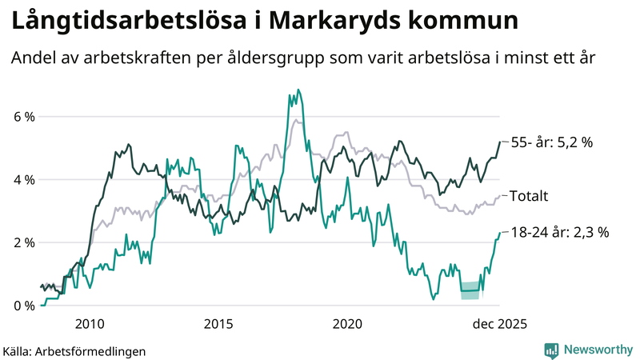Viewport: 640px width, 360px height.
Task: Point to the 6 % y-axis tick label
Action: [23, 117]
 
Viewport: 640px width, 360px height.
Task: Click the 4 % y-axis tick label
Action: [23, 180]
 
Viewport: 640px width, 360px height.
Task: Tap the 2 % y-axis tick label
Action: [23, 242]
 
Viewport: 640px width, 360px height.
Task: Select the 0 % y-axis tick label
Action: [23, 306]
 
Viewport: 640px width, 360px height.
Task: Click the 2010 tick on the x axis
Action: [89, 324]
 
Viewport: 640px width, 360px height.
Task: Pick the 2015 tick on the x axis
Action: [218, 324]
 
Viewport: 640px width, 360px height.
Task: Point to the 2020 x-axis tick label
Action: [347, 324]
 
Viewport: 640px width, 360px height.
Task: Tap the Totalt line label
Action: [529, 195]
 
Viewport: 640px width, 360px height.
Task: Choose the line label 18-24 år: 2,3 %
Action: [560, 233]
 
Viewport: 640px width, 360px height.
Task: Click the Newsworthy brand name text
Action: [596, 350]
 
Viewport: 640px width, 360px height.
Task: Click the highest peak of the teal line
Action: [298, 90]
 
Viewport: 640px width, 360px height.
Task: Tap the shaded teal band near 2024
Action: [470, 291]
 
